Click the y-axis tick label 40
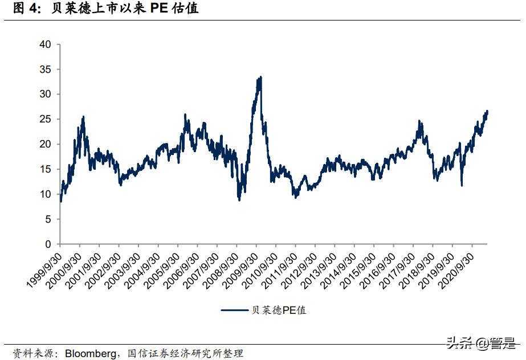(45, 44)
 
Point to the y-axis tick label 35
(45, 69)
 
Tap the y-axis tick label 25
(45, 119)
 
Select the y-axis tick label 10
(45, 194)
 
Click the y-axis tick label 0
(48, 244)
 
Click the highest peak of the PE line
(260, 77)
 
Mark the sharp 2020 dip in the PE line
(461, 185)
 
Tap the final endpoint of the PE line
(487, 111)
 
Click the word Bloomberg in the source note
(90, 354)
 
